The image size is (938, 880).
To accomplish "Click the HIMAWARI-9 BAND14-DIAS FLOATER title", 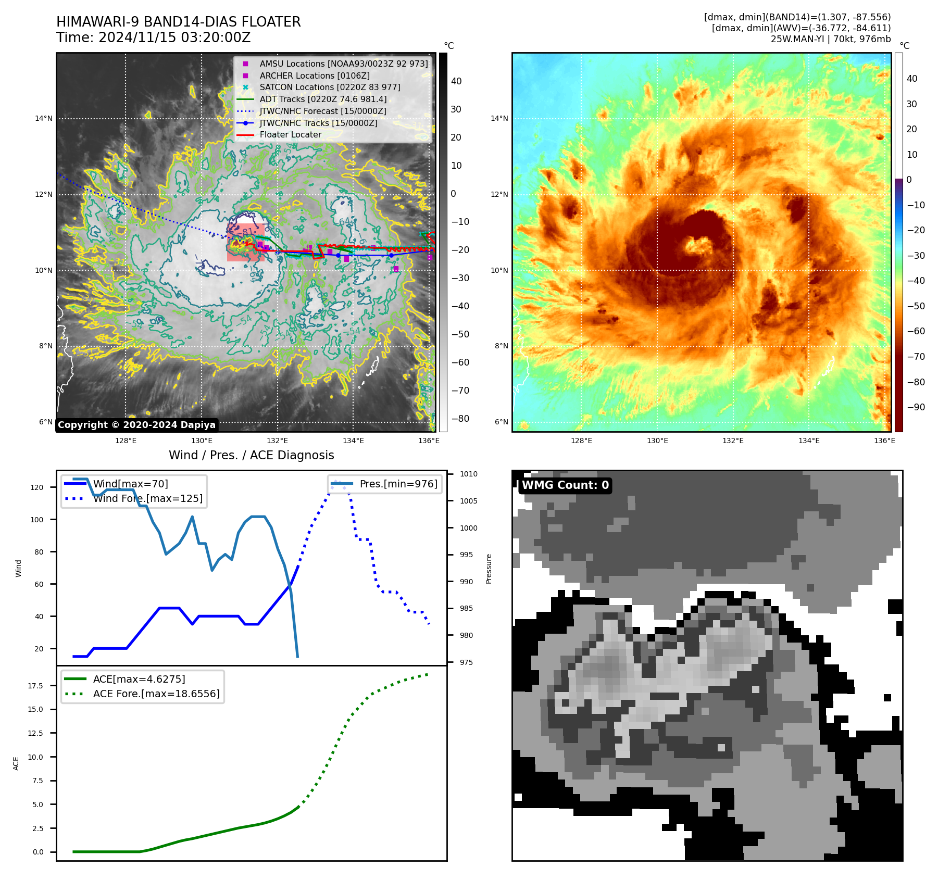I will [178, 22].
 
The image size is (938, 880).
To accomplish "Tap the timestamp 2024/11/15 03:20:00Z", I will [174, 37].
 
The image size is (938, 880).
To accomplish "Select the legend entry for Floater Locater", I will [290, 134].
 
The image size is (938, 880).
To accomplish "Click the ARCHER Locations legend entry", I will [315, 76].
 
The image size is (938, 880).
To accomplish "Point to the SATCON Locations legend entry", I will [330, 87].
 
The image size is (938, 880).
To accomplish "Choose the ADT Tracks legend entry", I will [323, 99].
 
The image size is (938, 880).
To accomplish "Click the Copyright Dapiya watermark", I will [136, 425].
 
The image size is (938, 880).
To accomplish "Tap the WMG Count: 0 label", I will [565, 485].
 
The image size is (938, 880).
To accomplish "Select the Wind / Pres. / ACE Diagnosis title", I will [251, 455].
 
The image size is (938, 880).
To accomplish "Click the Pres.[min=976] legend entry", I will [398, 484].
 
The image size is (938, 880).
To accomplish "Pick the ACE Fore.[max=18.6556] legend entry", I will [156, 694].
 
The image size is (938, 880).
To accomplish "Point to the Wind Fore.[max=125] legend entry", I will [148, 498].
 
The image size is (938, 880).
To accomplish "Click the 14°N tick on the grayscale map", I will [44, 118].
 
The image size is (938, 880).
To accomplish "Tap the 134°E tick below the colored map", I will [809, 441].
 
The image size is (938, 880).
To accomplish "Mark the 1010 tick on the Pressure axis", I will [469, 474].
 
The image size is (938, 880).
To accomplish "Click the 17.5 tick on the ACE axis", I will [35, 686].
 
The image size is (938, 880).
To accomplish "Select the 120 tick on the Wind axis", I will [37, 487].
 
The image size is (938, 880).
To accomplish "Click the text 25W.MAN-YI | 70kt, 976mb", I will [831, 39].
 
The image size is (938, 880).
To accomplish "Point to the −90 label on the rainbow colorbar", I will [916, 407].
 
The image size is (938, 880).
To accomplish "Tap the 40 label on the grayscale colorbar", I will [456, 81].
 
